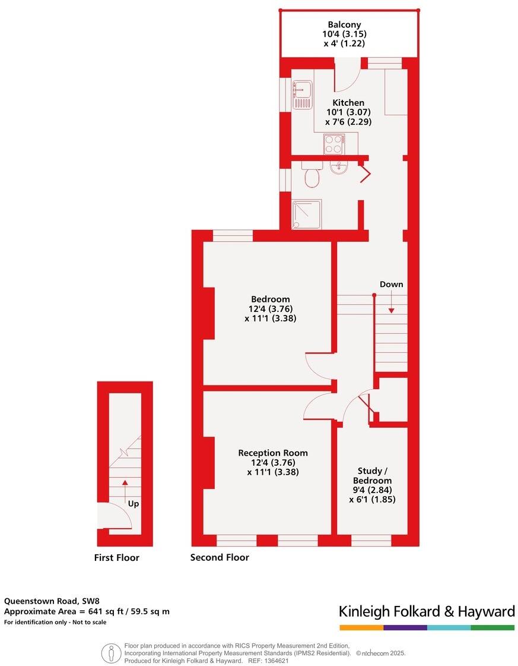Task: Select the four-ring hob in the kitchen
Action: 333,143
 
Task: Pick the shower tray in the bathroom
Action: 307,214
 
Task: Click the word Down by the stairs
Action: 391,284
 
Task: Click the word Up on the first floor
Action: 134,504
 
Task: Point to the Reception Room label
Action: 273,453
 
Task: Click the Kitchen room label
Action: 348,103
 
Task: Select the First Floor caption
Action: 117,557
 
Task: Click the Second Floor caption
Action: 220,557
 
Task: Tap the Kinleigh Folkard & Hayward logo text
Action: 427,611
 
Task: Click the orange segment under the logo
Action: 361,627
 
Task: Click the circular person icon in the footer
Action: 111,653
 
